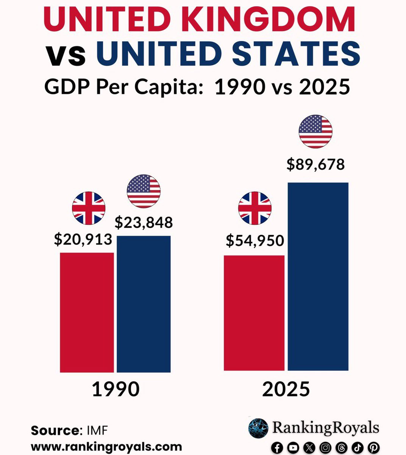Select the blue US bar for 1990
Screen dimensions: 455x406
pos(144,304)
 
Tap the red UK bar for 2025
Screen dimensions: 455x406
pos(254,313)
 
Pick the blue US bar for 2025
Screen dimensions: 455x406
pos(318,276)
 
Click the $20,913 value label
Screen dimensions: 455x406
pos(83,239)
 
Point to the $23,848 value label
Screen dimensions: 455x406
pos(144,223)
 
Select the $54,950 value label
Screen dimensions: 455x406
pos(255,241)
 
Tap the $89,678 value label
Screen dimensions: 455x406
pos(315,165)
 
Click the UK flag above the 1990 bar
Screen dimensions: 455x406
pos(89,208)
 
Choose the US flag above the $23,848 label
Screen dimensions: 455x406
pos(144,191)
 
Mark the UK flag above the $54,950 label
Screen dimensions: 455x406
pos(255,208)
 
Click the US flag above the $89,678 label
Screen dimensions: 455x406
pos(315,132)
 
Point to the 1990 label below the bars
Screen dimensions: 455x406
pos(116,389)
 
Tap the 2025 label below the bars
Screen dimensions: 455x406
pos(286,389)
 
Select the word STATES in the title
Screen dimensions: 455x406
pos(296,53)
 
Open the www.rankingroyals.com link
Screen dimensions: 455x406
pos(106,446)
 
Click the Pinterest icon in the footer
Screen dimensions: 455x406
pos(373,447)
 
